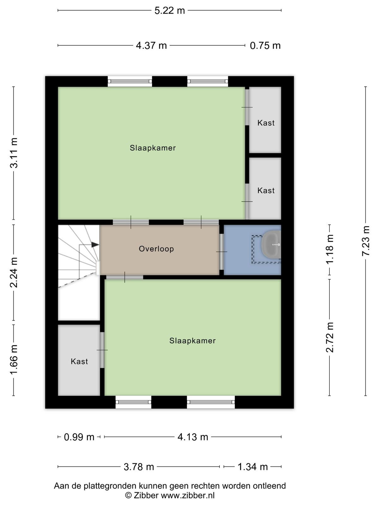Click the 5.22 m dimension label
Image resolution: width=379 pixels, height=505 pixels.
170,11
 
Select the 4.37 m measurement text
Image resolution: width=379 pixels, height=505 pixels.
151,45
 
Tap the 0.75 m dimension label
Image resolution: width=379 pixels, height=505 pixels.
265,45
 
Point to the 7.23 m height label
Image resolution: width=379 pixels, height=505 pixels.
366,241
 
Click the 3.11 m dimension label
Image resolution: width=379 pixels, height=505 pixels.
14,153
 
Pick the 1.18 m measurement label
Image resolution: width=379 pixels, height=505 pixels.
329,249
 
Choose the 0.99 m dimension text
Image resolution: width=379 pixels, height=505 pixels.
79,437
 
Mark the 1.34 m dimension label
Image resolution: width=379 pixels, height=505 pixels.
253,467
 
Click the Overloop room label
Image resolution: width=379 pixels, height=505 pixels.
156,249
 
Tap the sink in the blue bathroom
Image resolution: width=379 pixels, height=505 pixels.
271,244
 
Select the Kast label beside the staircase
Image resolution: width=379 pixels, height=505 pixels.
79,361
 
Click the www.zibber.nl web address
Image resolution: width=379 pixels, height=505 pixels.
188,495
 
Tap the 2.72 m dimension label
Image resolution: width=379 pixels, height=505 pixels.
329,337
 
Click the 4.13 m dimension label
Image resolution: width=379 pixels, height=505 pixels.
193,437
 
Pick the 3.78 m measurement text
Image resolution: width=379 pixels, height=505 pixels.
139,467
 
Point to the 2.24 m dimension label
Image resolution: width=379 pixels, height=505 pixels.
14,273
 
